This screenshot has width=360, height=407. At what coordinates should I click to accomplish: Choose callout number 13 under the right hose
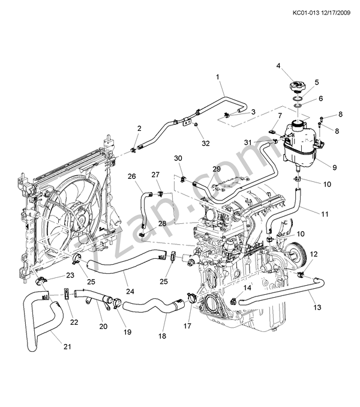317,307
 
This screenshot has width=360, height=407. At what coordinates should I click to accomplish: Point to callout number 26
132,176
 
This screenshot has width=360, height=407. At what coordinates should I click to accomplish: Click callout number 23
70,276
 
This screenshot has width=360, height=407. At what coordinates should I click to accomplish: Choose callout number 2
139,128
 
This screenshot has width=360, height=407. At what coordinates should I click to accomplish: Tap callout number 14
246,288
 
